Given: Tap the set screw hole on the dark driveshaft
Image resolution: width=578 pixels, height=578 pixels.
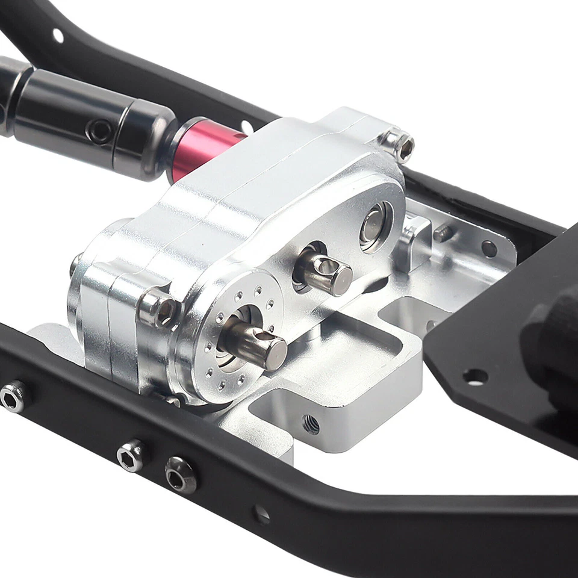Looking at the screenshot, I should pos(98,129).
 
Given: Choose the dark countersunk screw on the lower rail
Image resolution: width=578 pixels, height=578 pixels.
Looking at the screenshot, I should pos(180,474).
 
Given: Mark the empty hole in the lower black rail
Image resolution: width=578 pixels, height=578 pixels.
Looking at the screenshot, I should pos(261,514).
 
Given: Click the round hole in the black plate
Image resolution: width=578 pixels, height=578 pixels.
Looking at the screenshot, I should pos(475,377).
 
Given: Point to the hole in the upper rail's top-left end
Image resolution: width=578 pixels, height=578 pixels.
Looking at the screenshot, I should pos(58,35).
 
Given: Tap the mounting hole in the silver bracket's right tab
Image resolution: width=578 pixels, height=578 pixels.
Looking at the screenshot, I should pos(489,249).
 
